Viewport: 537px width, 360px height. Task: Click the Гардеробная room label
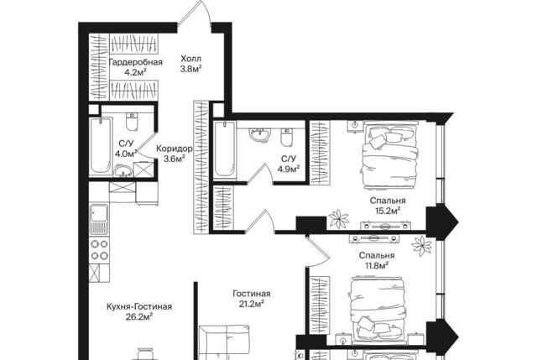[135, 62]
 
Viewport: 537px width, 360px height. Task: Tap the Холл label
[190, 59]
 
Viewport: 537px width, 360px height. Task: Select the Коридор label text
[174, 149]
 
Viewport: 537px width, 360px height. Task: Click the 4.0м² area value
[126, 154]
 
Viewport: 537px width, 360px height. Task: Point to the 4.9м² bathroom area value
[289, 169]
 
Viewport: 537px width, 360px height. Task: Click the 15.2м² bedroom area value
[388, 211]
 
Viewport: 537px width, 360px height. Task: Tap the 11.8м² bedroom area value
[377, 265]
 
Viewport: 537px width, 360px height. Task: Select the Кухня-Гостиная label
[139, 306]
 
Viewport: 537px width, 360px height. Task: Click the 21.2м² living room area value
[252, 304]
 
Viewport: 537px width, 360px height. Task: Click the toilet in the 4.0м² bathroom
[132, 122]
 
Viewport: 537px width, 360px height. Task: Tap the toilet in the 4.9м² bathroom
[286, 137]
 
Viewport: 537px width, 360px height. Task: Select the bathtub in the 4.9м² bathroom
[225, 149]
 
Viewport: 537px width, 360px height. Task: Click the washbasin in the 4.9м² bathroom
[260, 134]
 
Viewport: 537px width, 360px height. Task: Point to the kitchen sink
[99, 219]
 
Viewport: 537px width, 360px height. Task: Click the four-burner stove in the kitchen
[99, 250]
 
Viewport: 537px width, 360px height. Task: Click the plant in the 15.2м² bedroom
[338, 218]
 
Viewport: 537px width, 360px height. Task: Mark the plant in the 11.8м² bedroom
[422, 246]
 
